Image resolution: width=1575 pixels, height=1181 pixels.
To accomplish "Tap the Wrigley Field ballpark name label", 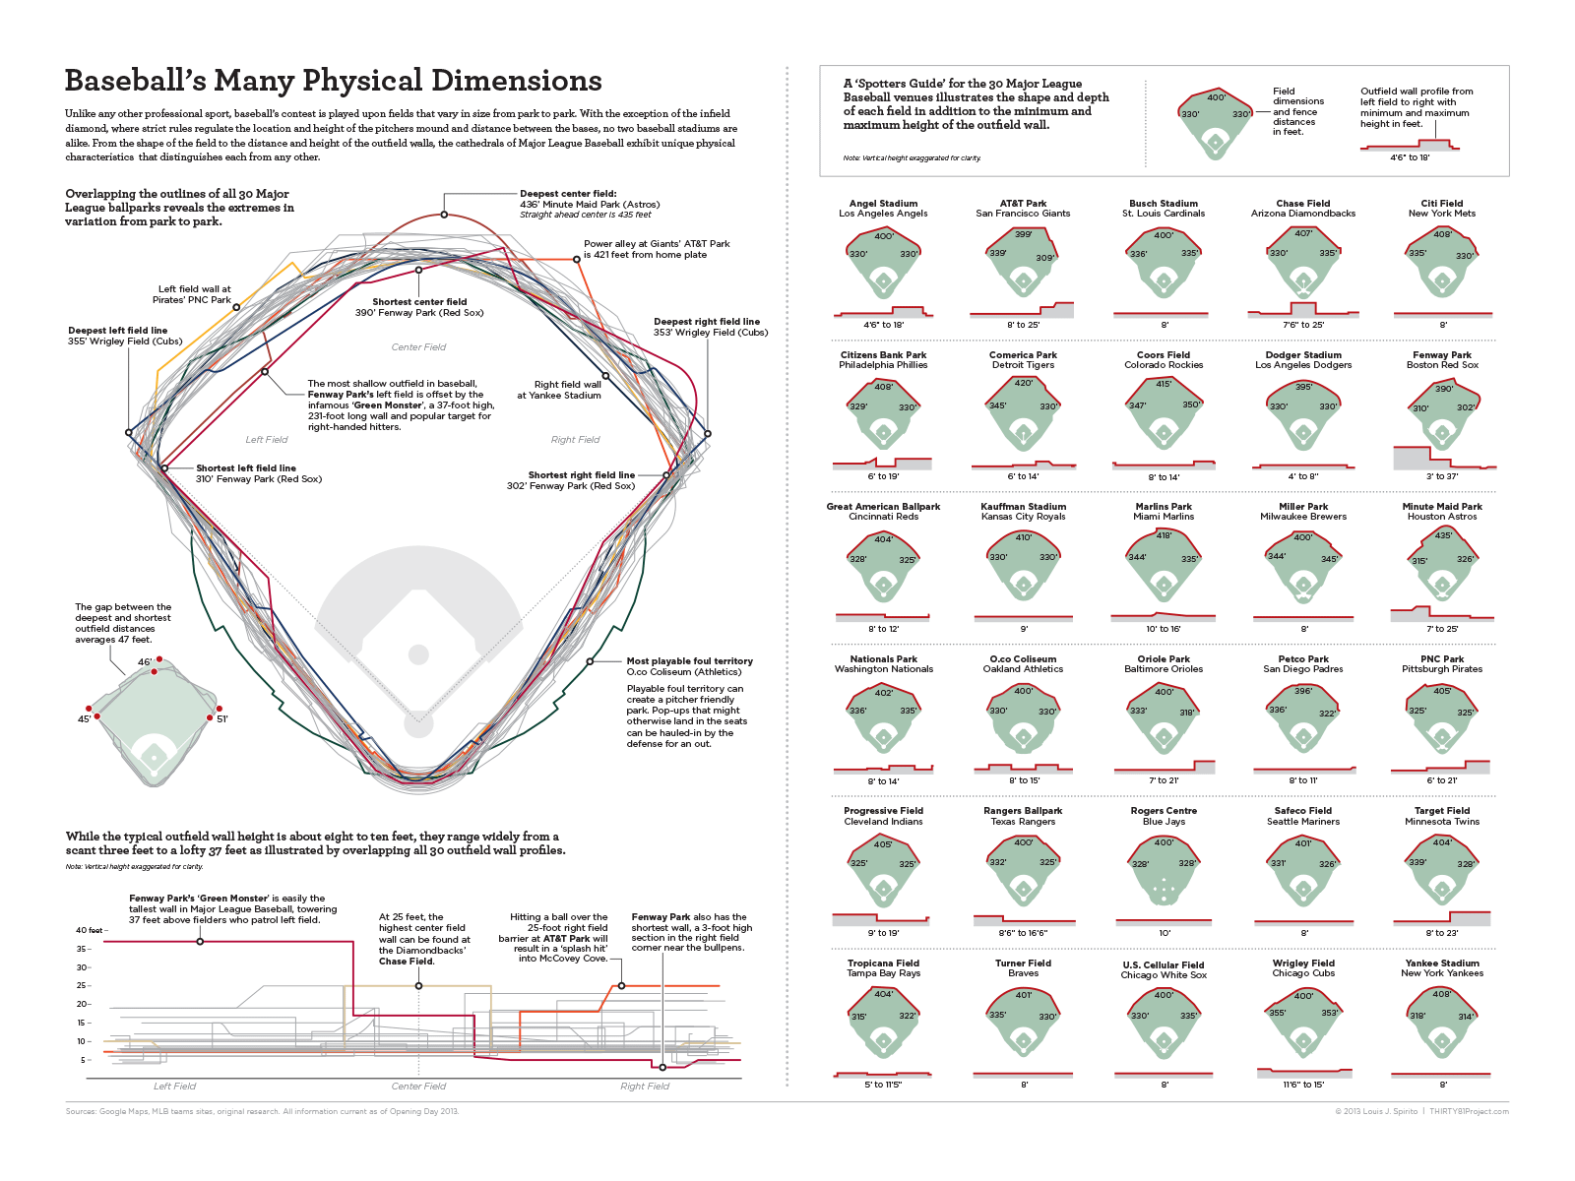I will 1303,963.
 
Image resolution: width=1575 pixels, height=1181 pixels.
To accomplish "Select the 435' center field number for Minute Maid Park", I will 1443,535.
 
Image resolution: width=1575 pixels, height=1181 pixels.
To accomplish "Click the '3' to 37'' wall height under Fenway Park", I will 1442,476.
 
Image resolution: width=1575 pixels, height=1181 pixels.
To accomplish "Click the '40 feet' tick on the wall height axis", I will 89,930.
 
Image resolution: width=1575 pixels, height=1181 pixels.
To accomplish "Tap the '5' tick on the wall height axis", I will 84,1060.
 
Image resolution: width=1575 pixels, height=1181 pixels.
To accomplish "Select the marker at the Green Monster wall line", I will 201,942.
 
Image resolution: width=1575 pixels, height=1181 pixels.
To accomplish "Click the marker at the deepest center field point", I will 444,215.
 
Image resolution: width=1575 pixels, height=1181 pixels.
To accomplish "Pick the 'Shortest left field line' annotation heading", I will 245,468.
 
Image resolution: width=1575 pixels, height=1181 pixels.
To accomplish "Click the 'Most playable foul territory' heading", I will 689,661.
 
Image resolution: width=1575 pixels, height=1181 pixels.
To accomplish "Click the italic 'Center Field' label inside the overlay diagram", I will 418,347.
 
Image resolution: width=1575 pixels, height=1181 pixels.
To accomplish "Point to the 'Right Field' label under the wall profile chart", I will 645,1087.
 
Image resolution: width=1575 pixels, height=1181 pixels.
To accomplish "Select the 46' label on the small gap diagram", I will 144,662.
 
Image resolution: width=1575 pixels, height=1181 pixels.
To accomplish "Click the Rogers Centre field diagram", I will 1164,872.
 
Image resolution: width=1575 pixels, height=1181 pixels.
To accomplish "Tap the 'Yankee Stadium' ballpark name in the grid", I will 1442,963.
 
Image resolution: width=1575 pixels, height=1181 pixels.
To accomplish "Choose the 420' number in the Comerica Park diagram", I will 1024,384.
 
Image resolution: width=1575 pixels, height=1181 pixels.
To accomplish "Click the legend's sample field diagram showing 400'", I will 1216,123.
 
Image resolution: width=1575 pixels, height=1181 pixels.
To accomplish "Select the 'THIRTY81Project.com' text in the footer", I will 1469,1111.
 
